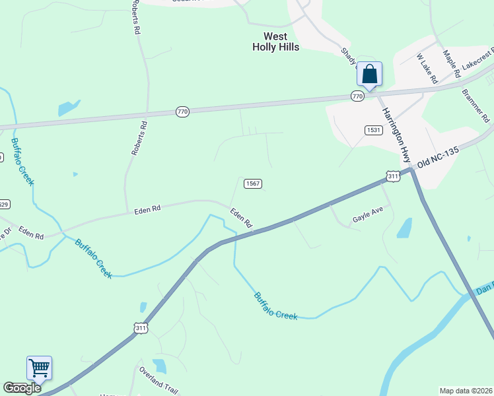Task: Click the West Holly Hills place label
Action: (276, 42)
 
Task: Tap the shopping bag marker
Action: (369, 74)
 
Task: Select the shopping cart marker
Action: (39, 368)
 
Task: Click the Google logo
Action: (22, 388)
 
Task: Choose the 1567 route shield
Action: (253, 183)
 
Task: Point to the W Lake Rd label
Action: (427, 69)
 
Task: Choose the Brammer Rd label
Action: (476, 106)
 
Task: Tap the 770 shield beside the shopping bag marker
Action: (357, 96)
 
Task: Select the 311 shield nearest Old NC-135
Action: (393, 176)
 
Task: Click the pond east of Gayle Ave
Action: (405, 228)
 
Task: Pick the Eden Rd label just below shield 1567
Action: (241, 218)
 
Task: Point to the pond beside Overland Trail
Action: (159, 366)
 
